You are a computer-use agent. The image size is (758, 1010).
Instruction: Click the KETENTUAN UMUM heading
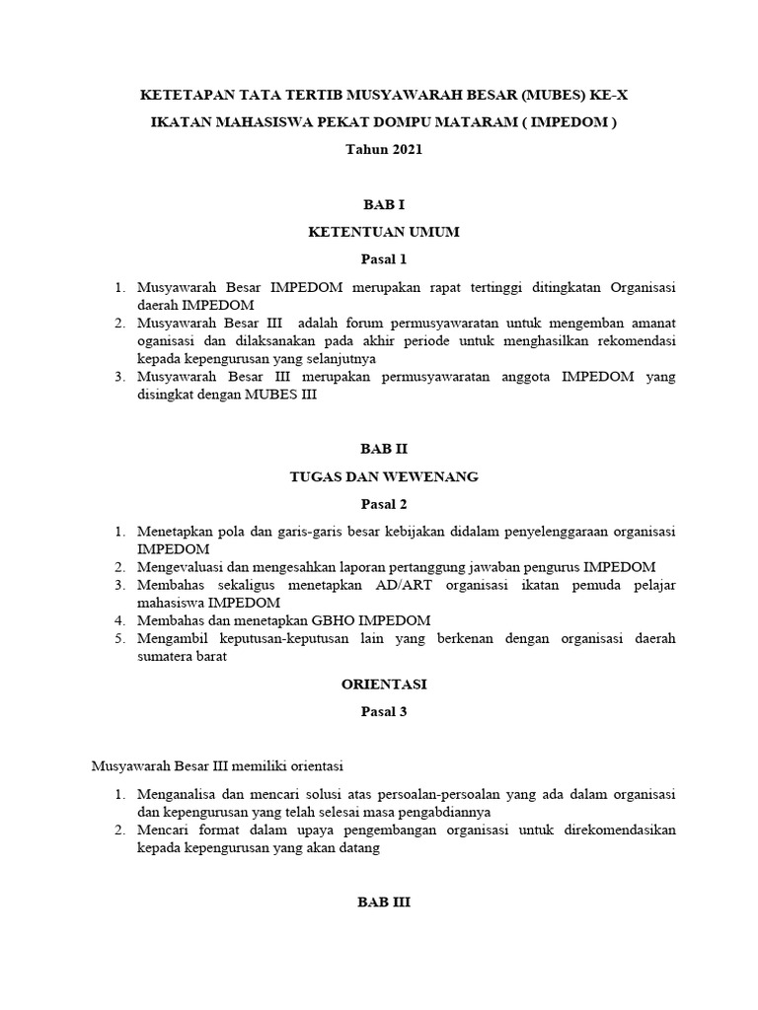pyautogui.click(x=383, y=233)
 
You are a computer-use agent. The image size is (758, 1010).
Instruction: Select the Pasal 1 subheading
pyautogui.click(x=383, y=260)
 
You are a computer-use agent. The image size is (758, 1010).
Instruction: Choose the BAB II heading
pyautogui.click(x=383, y=448)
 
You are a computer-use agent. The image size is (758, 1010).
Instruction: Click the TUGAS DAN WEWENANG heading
pyautogui.click(x=383, y=476)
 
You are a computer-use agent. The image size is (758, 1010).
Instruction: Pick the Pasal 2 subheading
pyautogui.click(x=383, y=504)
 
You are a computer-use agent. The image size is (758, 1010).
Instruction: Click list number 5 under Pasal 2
pyautogui.click(x=117, y=639)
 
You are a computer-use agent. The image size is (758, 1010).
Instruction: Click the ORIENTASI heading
pyautogui.click(x=383, y=683)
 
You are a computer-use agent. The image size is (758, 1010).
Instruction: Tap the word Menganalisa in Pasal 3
pyautogui.click(x=185, y=794)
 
